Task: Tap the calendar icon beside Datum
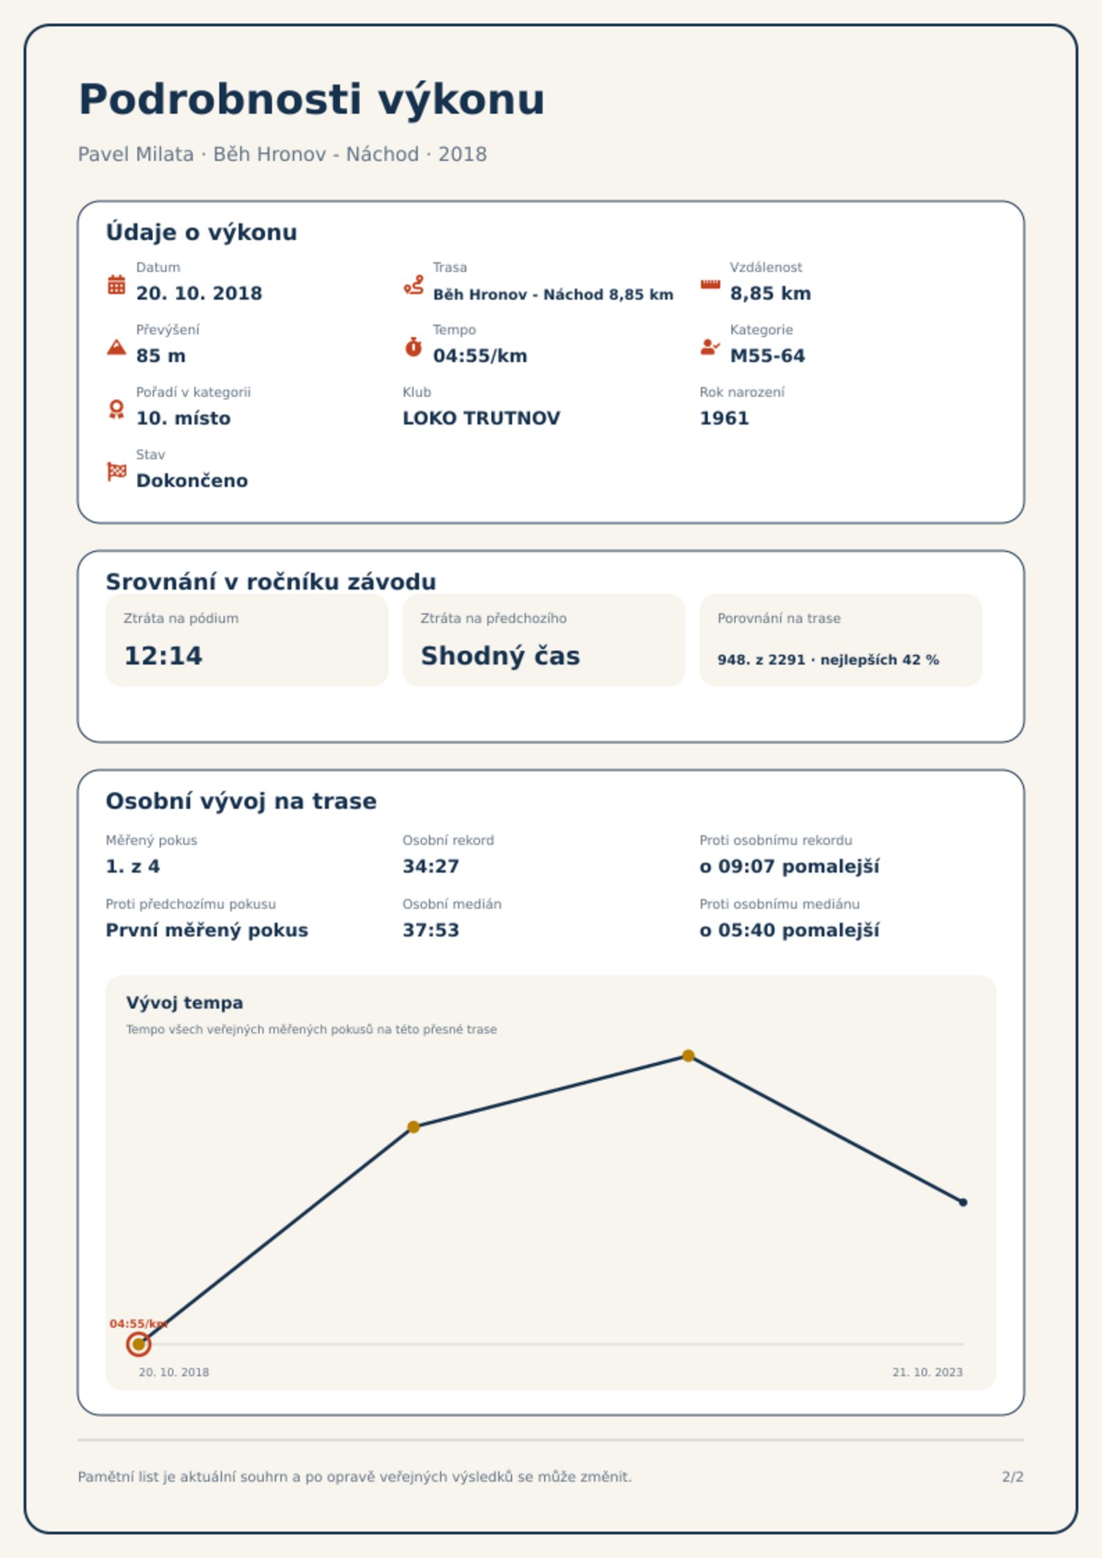(117, 284)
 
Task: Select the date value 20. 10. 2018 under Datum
(199, 293)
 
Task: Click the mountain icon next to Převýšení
(117, 347)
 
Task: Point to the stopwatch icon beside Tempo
(414, 346)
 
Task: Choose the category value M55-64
(768, 356)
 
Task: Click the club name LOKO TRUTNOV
(482, 418)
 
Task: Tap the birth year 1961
(724, 418)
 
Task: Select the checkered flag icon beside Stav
(117, 472)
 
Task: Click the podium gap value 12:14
(163, 656)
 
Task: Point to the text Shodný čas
(500, 656)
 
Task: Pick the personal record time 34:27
(431, 866)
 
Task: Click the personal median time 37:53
(431, 930)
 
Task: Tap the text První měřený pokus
(207, 930)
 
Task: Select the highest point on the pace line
(688, 1056)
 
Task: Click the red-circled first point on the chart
(139, 1344)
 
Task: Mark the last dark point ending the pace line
(963, 1202)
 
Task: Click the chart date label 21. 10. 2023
(928, 1372)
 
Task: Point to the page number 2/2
(1013, 1477)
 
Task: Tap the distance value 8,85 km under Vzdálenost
(770, 293)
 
